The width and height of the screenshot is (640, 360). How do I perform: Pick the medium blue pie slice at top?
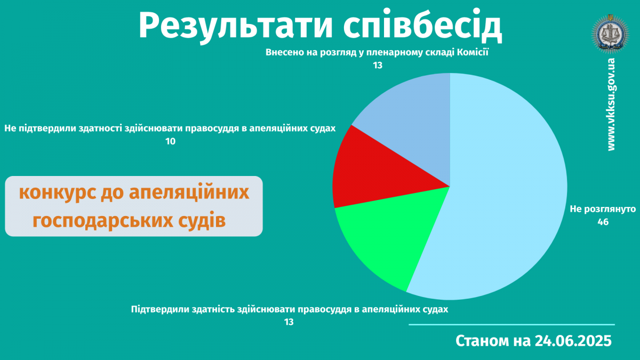pyautogui.click(x=414, y=120)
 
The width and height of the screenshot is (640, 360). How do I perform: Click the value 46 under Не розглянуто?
pyautogui.click(x=603, y=222)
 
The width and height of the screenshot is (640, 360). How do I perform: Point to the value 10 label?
pyautogui.click(x=170, y=141)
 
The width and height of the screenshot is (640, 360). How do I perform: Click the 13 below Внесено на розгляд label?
pyautogui.click(x=378, y=66)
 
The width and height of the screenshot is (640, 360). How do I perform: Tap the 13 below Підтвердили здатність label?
pyautogui.click(x=289, y=322)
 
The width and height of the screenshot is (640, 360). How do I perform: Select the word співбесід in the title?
pyautogui.click(x=422, y=26)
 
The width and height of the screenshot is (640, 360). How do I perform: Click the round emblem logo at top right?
pyautogui.click(x=611, y=34)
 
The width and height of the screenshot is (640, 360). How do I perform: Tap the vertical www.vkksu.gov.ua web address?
pyautogui.click(x=611, y=105)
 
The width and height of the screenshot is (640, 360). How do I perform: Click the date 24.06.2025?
pyautogui.click(x=573, y=341)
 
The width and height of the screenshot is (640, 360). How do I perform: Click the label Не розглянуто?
pyautogui.click(x=603, y=209)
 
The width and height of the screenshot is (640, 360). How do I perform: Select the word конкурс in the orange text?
pyautogui.click(x=58, y=193)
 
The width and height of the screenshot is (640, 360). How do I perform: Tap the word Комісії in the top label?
pyautogui.click(x=473, y=52)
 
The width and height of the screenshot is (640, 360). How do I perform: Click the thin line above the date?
pyautogui.click(x=511, y=325)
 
